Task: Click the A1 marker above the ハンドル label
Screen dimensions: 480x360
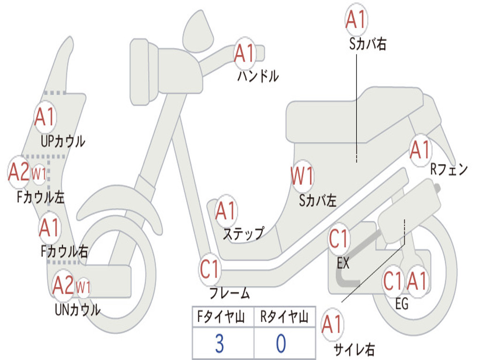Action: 244,53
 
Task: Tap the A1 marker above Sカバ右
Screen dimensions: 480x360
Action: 356,19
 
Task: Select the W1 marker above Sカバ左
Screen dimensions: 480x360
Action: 302,176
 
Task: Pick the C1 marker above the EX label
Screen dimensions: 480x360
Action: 338,239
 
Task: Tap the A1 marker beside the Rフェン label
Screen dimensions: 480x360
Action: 420,150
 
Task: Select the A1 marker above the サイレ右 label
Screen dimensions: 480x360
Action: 332,324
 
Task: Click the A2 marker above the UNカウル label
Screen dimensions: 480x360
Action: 63,285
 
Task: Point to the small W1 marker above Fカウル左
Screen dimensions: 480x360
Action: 39,174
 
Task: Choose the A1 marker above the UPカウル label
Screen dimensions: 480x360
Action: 45,117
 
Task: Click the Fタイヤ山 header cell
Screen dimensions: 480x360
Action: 223,316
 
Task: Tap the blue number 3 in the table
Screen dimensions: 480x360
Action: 219,343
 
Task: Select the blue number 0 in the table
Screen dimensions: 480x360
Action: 281,343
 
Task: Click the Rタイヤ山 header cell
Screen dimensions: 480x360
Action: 285,316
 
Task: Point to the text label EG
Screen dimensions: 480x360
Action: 402,304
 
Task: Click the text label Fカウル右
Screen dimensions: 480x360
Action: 65,252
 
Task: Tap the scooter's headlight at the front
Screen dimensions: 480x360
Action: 144,72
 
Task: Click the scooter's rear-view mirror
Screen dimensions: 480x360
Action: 198,31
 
